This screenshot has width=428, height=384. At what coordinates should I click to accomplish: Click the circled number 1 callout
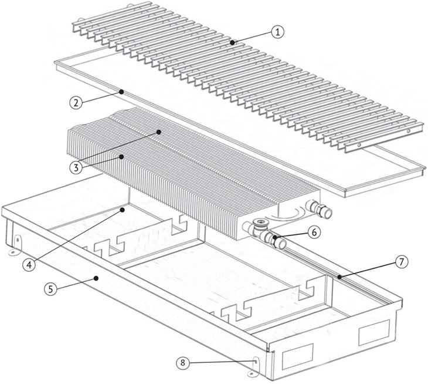coord(277,32)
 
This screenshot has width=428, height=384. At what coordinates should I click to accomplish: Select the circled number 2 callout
coord(76,103)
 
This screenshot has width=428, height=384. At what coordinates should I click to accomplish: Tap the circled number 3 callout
coord(76,167)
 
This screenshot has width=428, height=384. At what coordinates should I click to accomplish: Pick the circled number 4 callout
coord(29,265)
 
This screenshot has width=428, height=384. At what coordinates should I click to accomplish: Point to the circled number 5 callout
coord(51,289)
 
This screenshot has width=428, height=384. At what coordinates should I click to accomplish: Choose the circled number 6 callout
coord(314,233)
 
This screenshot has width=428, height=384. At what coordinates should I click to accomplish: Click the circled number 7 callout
coord(401,262)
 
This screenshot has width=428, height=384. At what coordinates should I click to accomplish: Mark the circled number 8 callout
coord(182,363)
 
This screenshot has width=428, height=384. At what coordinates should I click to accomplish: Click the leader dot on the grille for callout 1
coord(232,42)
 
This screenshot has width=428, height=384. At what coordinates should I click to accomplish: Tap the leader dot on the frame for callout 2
coord(121,92)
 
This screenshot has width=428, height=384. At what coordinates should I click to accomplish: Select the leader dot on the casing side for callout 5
coord(96,278)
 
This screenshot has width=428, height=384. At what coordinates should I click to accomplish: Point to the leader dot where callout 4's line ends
coord(123,210)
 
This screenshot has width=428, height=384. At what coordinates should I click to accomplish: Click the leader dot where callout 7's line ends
coord(339,277)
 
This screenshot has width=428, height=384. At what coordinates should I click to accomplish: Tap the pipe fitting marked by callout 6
coord(275,240)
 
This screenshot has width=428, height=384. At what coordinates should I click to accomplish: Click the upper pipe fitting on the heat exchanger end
coord(320,208)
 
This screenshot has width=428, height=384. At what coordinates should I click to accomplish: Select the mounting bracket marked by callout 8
coord(254,367)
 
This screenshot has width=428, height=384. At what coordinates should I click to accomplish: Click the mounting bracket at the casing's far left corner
coord(16,245)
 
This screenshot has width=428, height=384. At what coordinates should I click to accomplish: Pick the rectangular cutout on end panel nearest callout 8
coord(297,356)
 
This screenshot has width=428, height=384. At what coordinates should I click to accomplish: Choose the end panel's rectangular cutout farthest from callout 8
coord(374,332)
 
